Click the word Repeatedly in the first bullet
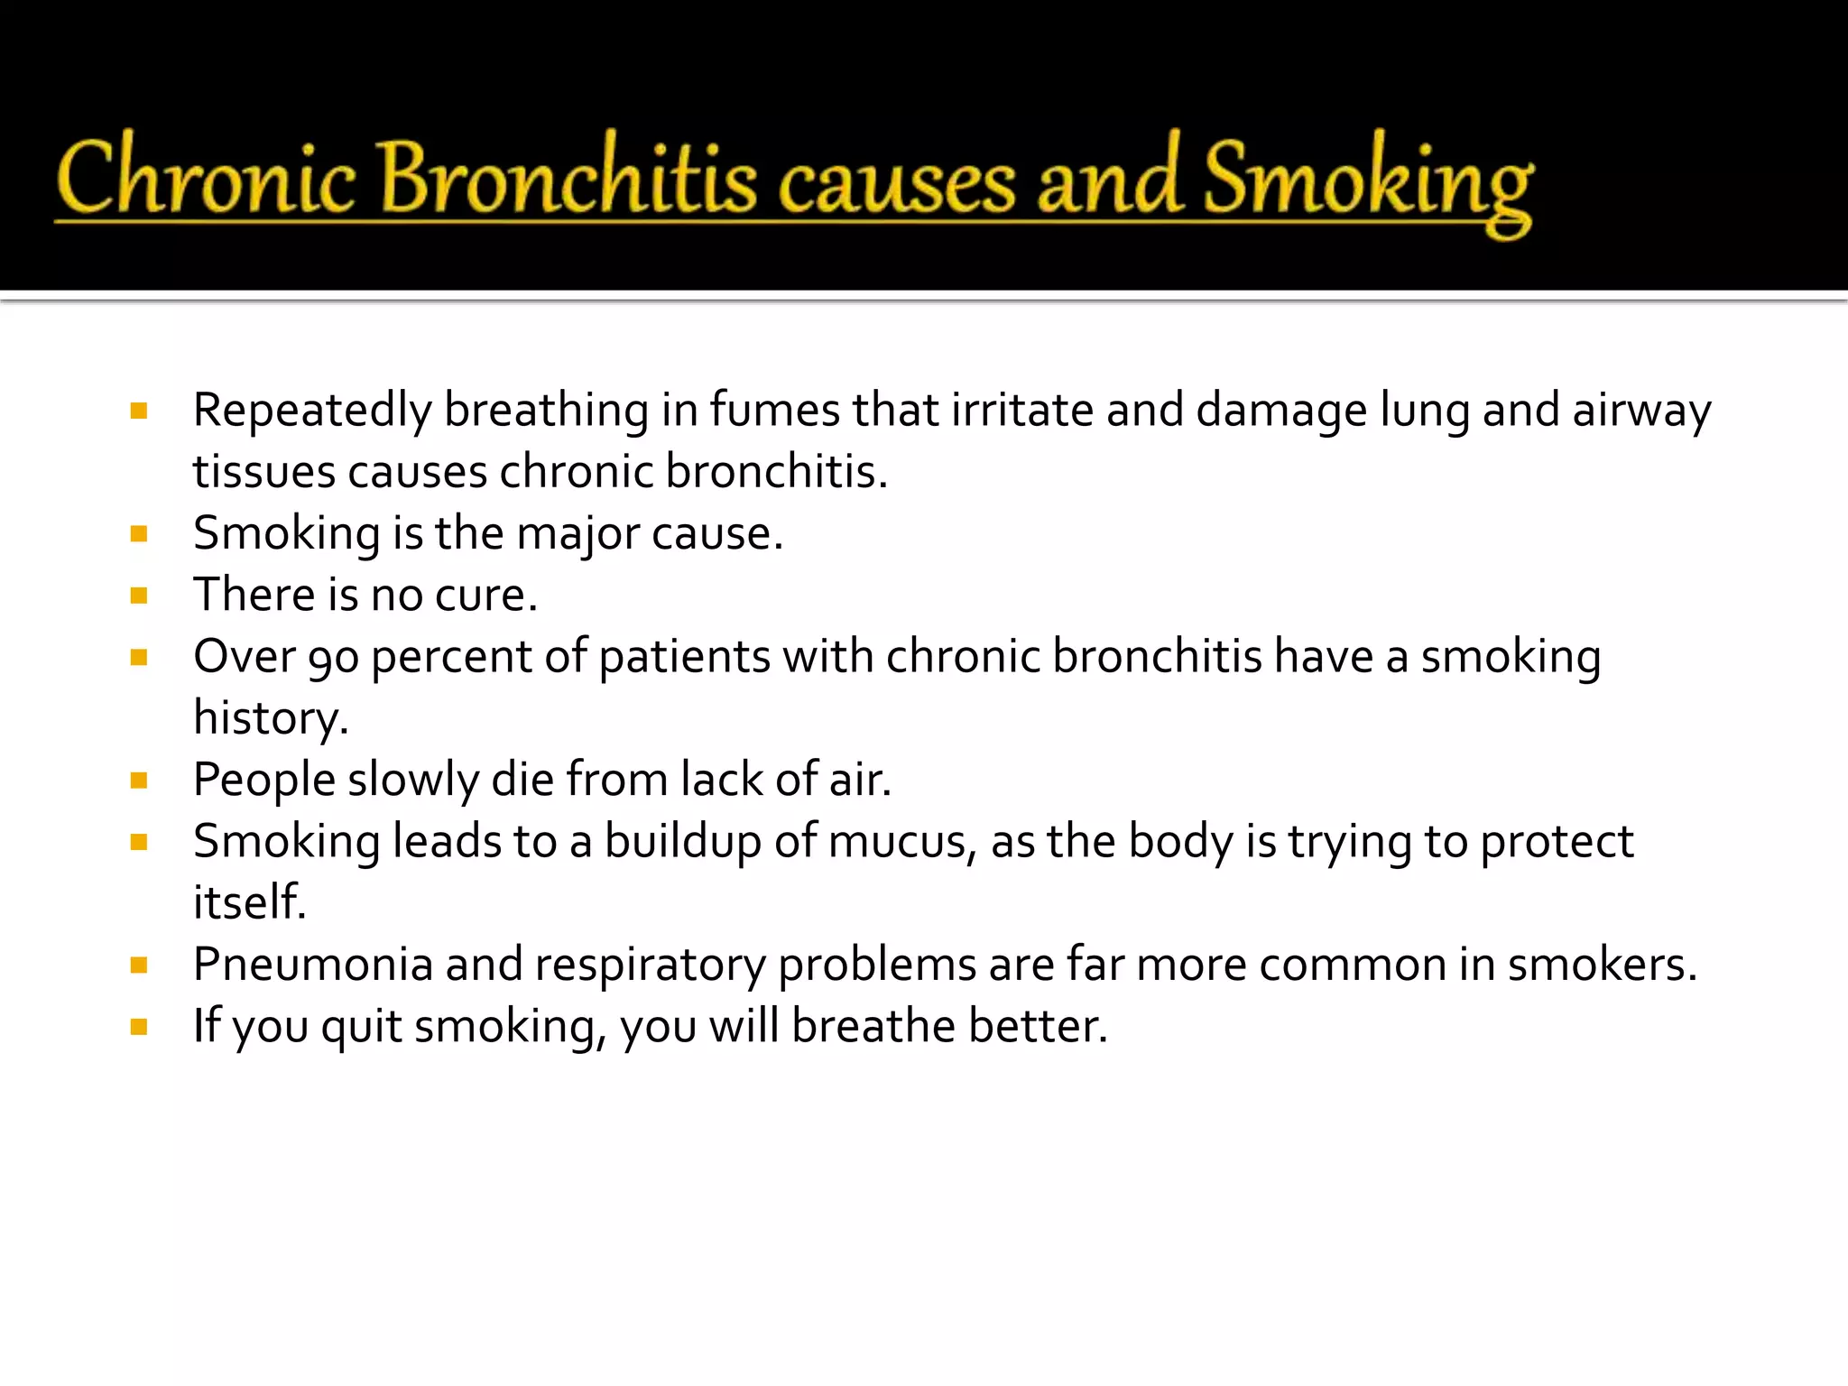(x=312, y=411)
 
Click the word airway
(x=1641, y=411)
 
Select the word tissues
(x=263, y=472)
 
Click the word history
(x=270, y=719)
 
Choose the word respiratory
(x=650, y=966)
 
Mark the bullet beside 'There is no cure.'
(x=139, y=596)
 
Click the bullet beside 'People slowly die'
(x=139, y=781)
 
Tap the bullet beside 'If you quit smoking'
(x=139, y=1027)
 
